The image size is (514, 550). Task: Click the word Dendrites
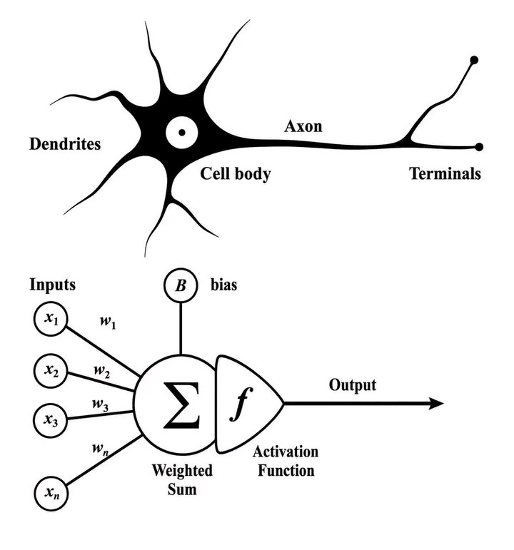pos(65,144)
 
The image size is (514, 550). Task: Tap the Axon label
pos(303,126)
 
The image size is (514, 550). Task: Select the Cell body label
pos(236,174)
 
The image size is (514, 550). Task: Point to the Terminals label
pos(445,173)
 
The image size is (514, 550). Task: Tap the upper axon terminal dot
pos(473,60)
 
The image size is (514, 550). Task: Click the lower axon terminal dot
pos(478,147)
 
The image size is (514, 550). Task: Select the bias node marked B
pos(181,285)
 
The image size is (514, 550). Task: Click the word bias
pos(223,285)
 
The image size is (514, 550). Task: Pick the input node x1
pos(51,319)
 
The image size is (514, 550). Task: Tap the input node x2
pos(51,371)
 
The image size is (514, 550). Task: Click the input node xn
pos(51,494)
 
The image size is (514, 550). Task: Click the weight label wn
pos(100,449)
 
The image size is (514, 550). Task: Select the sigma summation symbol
pos(181,405)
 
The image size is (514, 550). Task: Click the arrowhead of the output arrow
pos(436,404)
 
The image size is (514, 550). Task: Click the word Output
pos(353,385)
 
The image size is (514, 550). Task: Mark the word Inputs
pos(52,285)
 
